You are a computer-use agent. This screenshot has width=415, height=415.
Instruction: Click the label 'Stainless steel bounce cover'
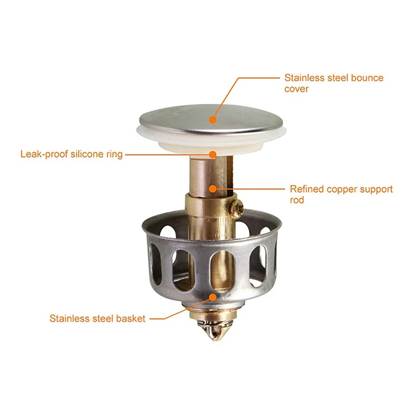[334, 83]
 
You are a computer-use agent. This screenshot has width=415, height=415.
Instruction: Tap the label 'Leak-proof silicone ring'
[72, 154]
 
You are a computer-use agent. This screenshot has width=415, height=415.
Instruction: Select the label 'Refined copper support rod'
[341, 194]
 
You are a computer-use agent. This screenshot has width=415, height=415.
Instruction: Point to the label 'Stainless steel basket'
[98, 319]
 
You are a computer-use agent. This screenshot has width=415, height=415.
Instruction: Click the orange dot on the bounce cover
[213, 120]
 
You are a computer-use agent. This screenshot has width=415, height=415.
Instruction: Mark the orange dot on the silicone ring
[213, 154]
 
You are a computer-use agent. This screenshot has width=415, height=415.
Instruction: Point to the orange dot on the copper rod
[213, 189]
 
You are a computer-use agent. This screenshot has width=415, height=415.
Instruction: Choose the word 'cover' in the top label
[296, 89]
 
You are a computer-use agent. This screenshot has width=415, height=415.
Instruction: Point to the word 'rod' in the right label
[297, 200]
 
